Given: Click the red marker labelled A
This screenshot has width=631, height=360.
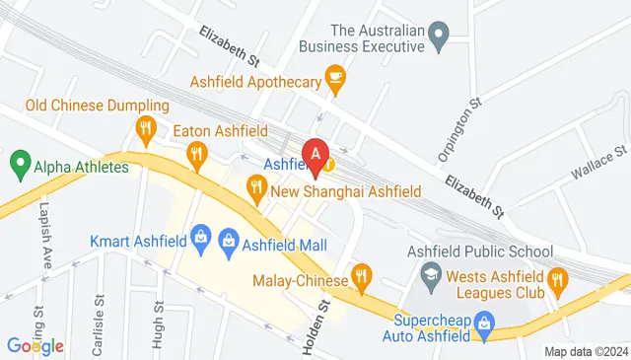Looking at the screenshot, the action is (315, 153).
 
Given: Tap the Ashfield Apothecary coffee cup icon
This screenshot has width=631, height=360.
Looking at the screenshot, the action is (335, 77).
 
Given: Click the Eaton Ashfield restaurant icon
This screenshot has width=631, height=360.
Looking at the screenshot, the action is (198, 152).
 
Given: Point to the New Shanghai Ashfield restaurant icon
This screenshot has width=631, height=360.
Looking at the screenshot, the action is (256, 184).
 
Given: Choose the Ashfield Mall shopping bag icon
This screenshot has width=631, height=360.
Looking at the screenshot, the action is (229, 238).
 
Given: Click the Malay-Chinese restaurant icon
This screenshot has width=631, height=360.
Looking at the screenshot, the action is (362, 275).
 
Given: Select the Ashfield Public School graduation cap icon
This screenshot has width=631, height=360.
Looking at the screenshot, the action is (431, 271).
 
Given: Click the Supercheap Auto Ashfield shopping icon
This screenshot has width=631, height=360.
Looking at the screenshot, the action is (484, 322).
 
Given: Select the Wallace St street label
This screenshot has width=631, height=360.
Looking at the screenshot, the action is (599, 164).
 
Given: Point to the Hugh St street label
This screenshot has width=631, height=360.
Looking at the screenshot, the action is (158, 321).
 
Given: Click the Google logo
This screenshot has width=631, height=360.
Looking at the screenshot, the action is (35, 345).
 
